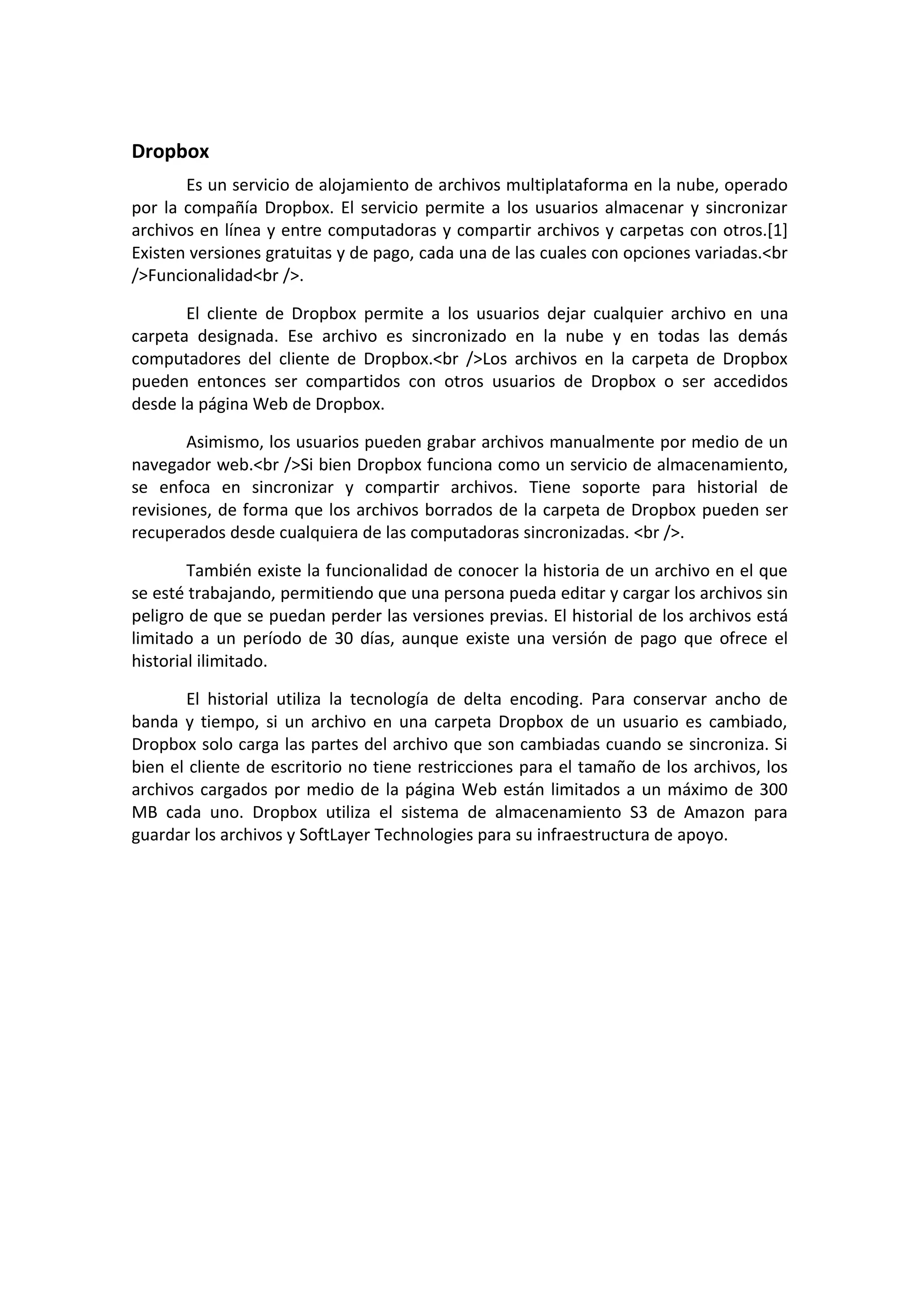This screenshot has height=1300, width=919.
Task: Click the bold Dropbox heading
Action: pyautogui.click(x=170, y=152)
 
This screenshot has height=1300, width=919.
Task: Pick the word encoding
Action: pyautogui.click(x=546, y=699)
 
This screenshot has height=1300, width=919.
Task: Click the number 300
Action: pyautogui.click(x=773, y=790)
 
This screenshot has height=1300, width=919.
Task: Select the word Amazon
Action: pyautogui.click(x=714, y=812)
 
